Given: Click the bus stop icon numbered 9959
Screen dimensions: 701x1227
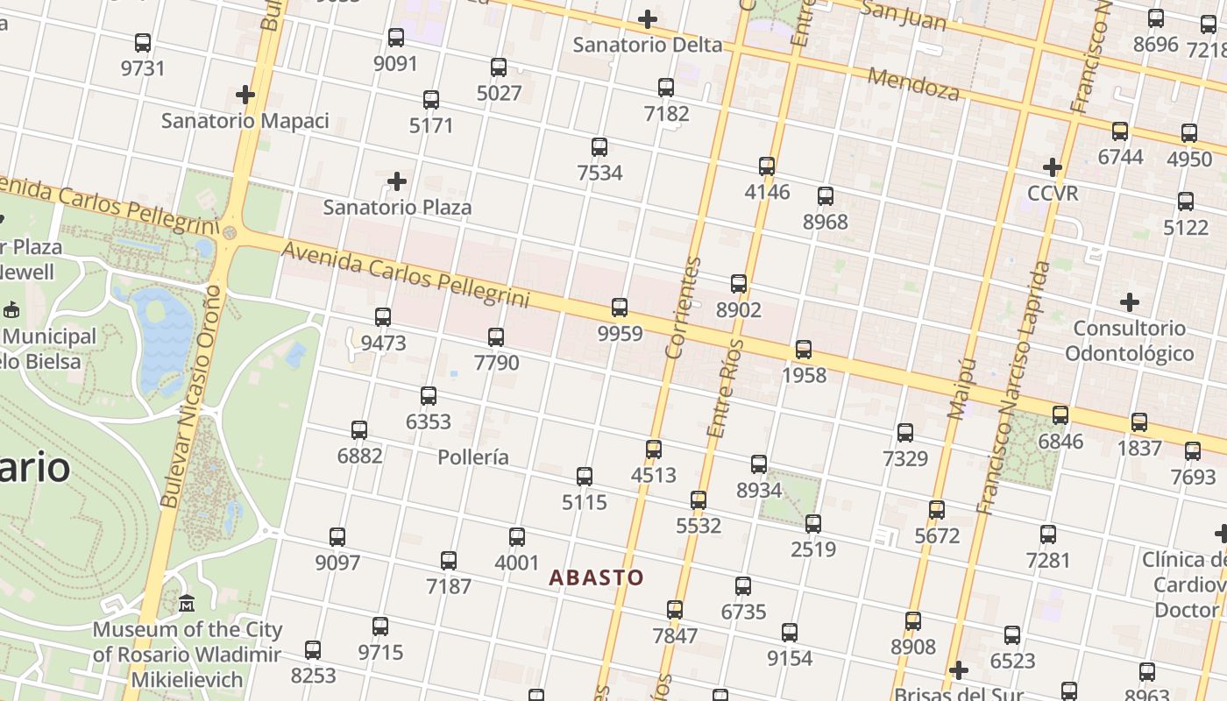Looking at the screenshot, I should pos(620,307).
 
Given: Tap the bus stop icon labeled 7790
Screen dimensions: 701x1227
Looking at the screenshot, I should pos(496,336).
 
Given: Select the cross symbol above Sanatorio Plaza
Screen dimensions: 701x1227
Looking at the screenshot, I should pos(397,181).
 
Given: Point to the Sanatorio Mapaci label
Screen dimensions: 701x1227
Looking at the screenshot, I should pos(245,121).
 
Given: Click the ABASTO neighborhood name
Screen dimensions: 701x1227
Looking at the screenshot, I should pos(596,577).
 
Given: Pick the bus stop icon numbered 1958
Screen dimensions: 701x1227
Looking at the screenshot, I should pos(804,350).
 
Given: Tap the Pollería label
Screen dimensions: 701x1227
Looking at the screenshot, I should pos(473,457).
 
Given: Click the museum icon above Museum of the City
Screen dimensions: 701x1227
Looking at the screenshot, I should pos(187,604).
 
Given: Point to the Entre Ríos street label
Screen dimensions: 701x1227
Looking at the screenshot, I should pos(725,388).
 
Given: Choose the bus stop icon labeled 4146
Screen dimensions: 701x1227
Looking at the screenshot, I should pos(767,166).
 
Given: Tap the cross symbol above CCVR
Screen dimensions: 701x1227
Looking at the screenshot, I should pos(1053,166).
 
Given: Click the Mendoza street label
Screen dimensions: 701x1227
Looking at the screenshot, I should pos(913,83).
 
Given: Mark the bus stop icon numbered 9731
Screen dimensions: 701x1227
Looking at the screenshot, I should pos(143,42).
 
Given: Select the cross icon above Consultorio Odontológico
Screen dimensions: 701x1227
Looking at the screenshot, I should pos(1130,302).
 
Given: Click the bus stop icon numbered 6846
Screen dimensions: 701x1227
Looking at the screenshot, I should pos(1060,414).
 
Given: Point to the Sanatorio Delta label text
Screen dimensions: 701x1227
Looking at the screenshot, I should pos(648,45).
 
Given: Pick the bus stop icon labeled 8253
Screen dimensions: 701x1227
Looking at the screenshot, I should pos(313,650).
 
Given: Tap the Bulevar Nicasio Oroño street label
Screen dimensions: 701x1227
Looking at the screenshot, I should pos(189,394).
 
